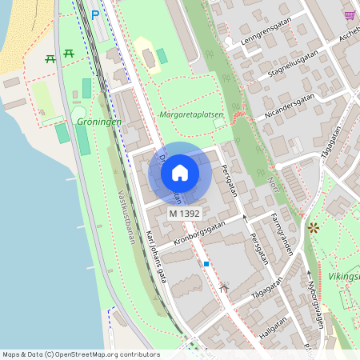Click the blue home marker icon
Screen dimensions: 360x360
point(180,173)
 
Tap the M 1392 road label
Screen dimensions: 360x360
point(184,214)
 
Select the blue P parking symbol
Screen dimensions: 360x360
point(95,14)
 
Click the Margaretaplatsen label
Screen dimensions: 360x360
point(192,114)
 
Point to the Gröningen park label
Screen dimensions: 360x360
point(99,122)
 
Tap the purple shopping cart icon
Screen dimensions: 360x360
point(350,14)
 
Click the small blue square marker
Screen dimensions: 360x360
point(206,263)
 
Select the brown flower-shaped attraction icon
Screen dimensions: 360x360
point(312,228)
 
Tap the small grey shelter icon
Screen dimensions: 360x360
point(223,286)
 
